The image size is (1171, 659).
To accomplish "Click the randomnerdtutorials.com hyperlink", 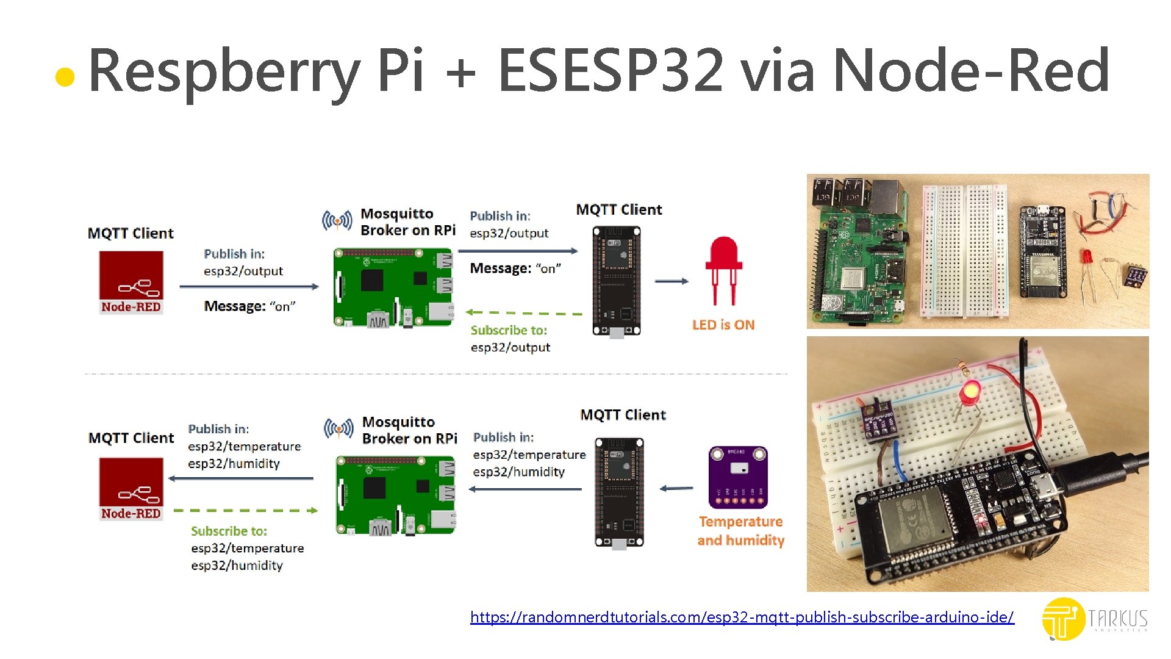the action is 742,618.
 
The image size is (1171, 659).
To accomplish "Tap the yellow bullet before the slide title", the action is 65,77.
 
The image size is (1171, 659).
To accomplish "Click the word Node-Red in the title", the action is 971,71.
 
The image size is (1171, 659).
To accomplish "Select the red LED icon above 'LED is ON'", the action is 723,268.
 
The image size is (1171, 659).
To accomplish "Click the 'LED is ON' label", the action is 723,325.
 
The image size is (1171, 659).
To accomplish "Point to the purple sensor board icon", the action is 738,477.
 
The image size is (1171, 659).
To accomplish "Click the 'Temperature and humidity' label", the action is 740,531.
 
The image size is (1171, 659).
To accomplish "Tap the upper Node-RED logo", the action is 131,283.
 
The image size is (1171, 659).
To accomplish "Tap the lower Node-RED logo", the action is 131,489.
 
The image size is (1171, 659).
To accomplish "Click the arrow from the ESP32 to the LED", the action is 671,281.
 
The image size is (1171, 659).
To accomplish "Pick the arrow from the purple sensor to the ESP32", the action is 676,488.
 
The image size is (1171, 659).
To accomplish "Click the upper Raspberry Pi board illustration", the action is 393,287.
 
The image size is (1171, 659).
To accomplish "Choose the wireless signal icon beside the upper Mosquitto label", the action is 337,220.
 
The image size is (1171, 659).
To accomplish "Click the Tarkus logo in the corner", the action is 1095,619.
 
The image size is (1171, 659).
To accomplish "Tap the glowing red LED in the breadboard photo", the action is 969,391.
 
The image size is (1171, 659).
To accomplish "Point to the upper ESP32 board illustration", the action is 616,281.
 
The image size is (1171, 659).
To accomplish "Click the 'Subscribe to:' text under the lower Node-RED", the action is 229,531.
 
